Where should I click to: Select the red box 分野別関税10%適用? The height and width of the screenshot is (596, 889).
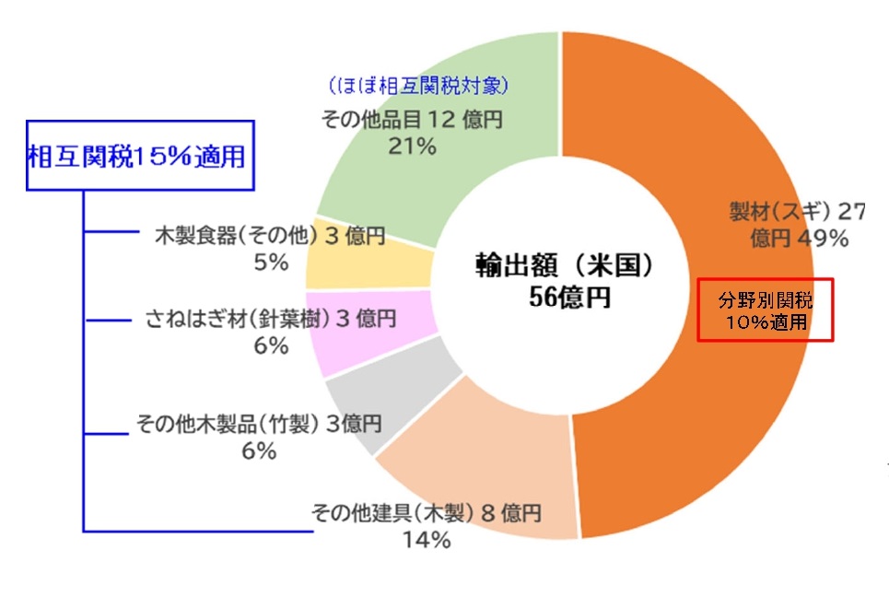coord(766,310)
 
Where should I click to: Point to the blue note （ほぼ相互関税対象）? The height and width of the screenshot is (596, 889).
coord(420,86)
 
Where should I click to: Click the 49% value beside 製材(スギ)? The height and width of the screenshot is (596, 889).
coord(824,239)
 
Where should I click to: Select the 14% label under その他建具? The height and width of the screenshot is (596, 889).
coord(427,541)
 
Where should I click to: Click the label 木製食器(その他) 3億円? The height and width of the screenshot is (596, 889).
coord(268,237)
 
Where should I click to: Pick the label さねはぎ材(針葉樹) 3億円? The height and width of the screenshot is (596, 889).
coord(271,319)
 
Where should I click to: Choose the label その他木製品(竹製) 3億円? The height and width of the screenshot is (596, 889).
coord(258,425)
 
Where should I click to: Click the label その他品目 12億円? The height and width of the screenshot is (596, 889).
coord(411,119)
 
